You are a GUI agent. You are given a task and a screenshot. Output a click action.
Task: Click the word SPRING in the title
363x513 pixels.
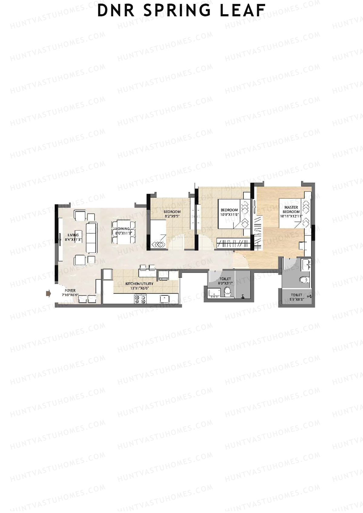177,10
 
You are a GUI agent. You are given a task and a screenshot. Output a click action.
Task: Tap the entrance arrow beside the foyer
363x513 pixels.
48,293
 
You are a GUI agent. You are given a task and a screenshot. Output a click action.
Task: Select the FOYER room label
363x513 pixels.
70,291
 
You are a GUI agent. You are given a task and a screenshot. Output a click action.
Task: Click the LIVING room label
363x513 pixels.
73,235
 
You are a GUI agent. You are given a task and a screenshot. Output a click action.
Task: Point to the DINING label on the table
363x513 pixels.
124,229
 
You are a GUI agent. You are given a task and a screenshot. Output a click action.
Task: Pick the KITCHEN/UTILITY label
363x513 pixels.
139,284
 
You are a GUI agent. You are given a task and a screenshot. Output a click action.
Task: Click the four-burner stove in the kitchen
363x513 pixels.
140,299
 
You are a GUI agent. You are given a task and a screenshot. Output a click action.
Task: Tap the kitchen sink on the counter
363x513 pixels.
165,299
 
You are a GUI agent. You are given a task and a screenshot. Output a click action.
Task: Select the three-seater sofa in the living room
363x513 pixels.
91,238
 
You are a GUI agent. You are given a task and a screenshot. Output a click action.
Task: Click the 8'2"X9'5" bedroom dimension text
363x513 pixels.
172,216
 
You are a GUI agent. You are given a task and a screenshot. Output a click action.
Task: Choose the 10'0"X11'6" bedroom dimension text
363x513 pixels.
229,214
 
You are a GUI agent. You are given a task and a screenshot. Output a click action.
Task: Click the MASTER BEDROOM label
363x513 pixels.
291,209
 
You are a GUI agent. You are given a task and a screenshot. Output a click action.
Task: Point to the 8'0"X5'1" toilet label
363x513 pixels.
225,283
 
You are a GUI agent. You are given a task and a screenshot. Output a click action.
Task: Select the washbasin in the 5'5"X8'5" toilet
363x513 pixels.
306,265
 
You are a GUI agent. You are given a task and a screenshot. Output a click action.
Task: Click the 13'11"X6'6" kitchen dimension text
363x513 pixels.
139,288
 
